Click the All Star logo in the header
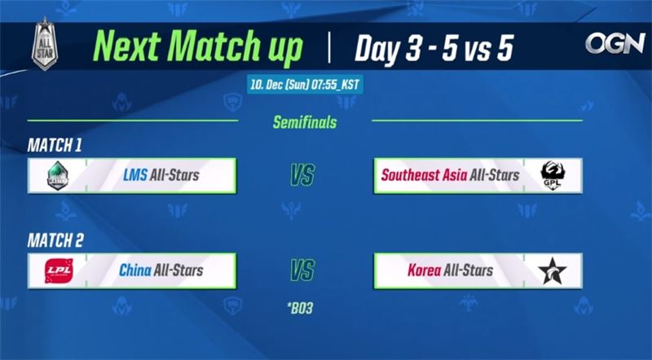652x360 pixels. click(44, 44)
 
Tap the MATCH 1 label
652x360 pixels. click(55, 145)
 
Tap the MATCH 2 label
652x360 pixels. click(55, 241)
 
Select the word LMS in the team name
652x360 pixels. click(136, 175)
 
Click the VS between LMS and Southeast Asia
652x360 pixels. click(303, 175)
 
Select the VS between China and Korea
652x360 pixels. click(303, 270)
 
